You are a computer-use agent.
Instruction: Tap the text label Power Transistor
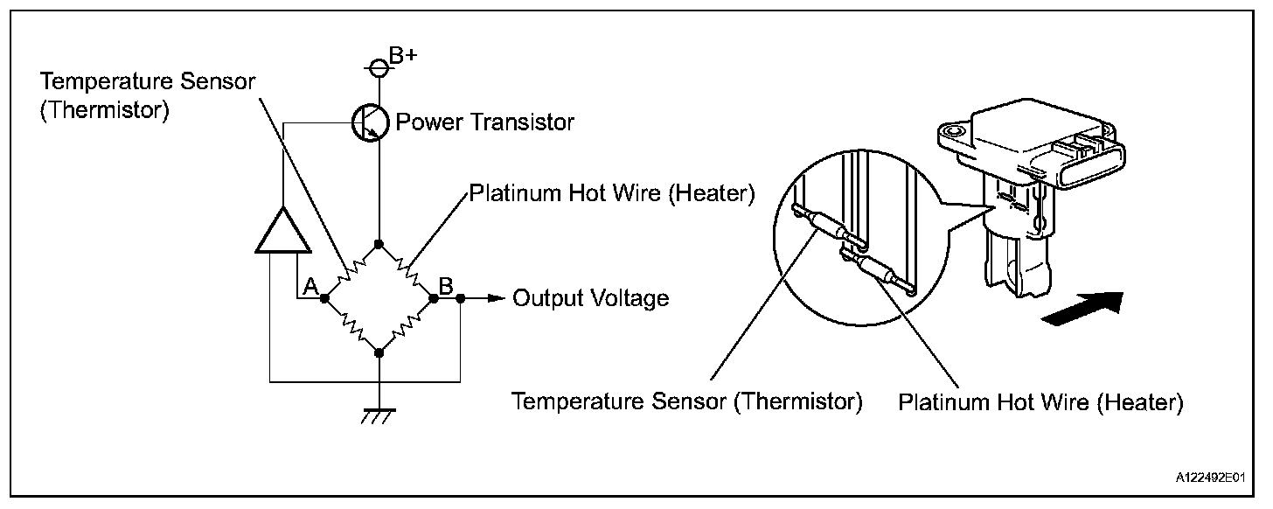(485, 122)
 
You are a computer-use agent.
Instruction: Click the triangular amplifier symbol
(282, 231)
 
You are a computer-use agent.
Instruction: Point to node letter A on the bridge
(310, 285)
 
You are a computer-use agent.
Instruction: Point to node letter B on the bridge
(445, 285)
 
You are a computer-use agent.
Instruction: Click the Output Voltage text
(590, 298)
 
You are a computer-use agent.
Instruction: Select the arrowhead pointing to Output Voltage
(497, 298)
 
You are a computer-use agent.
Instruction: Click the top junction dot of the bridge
(379, 243)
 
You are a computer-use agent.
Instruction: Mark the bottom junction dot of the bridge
(379, 352)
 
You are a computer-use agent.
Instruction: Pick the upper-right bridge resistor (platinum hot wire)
(407, 270)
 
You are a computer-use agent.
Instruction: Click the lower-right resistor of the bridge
(407, 325)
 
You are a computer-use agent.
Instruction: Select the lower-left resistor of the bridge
(351, 325)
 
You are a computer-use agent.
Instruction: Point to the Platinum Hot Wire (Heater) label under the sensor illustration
(1040, 403)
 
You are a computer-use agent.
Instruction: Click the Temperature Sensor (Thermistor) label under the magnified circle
(687, 402)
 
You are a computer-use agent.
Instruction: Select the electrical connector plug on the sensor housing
(1088, 158)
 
